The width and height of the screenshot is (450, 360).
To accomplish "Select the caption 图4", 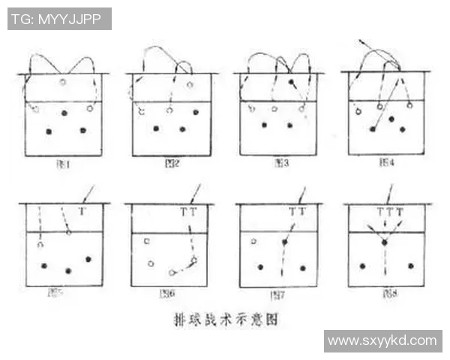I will pyautogui.click(x=388, y=162).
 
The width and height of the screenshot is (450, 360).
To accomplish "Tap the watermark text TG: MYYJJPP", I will pyautogui.click(x=59, y=19).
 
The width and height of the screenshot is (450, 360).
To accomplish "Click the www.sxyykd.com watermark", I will pyautogui.click(x=382, y=340).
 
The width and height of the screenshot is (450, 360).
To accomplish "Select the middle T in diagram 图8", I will pyautogui.click(x=389, y=212).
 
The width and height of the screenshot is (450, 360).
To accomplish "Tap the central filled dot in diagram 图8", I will pyautogui.click(x=384, y=242).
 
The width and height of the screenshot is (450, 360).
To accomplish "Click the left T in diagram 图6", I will pyautogui.click(x=184, y=212).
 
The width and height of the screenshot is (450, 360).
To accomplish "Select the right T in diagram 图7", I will pyautogui.click(x=302, y=212).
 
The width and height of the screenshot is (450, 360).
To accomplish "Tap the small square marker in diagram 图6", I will pyautogui.click(x=147, y=241).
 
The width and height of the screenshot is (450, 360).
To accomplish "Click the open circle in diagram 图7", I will pyautogui.click(x=253, y=241).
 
